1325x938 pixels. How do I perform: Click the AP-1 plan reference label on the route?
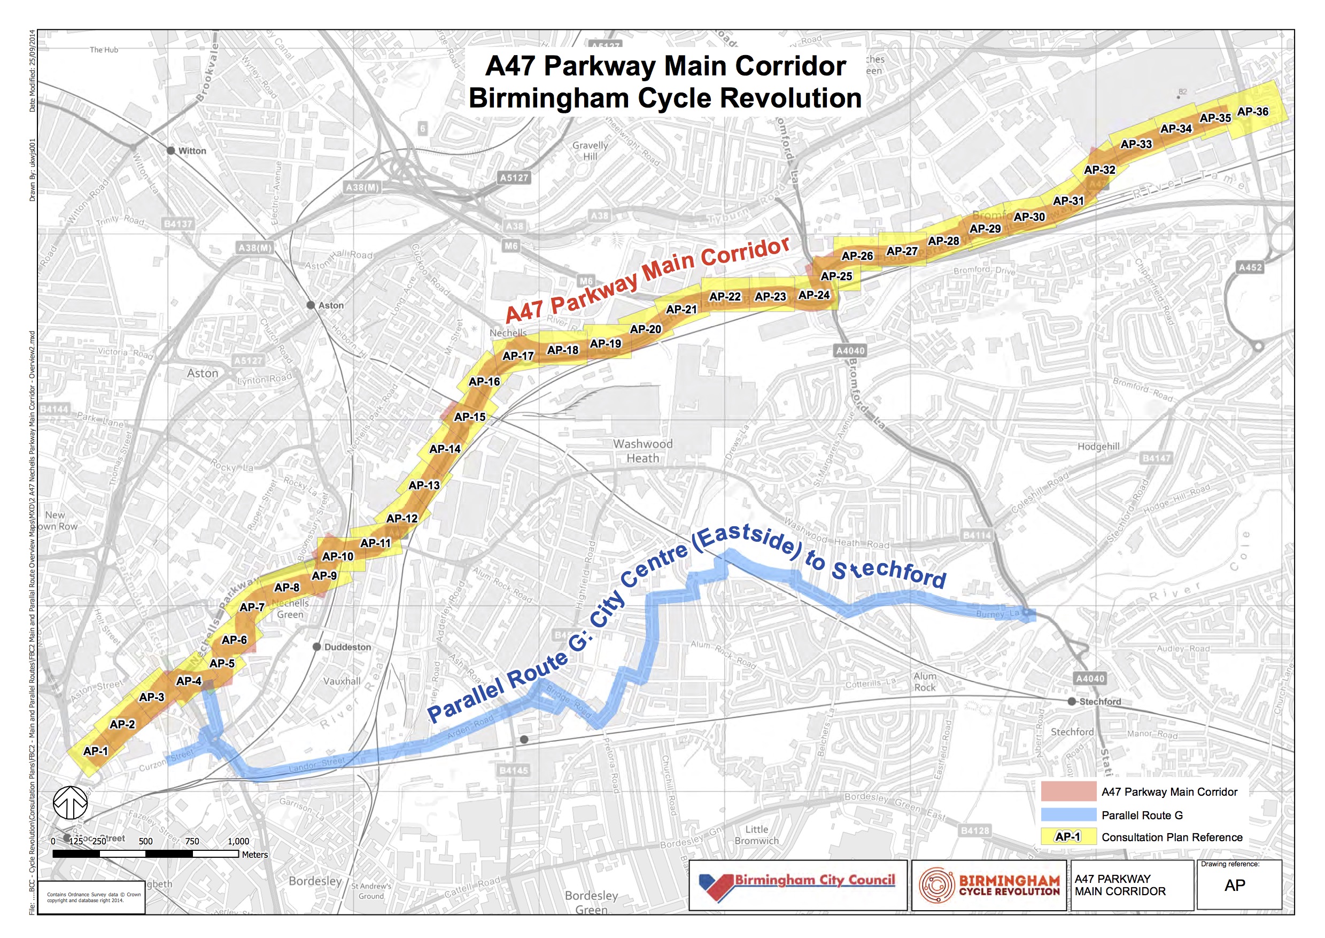click(96, 751)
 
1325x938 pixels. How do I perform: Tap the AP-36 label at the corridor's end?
click(1252, 111)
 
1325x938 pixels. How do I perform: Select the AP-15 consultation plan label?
click(469, 417)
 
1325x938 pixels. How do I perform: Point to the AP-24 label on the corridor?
click(813, 295)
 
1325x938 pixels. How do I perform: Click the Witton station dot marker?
click(171, 151)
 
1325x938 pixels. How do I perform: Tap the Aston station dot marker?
click(311, 305)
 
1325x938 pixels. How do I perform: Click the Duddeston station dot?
click(316, 647)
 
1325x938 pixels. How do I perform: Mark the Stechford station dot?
click(1072, 701)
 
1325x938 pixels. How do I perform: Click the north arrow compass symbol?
click(70, 803)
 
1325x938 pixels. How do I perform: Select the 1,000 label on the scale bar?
click(238, 842)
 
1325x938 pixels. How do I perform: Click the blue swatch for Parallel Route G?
click(1068, 815)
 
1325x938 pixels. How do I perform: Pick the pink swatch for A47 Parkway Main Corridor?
click(1068, 791)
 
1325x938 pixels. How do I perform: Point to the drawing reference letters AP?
click(1234, 886)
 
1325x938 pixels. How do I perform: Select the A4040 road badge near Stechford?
click(1090, 679)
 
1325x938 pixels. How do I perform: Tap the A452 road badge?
click(1250, 267)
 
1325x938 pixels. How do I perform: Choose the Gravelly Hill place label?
click(590, 151)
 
